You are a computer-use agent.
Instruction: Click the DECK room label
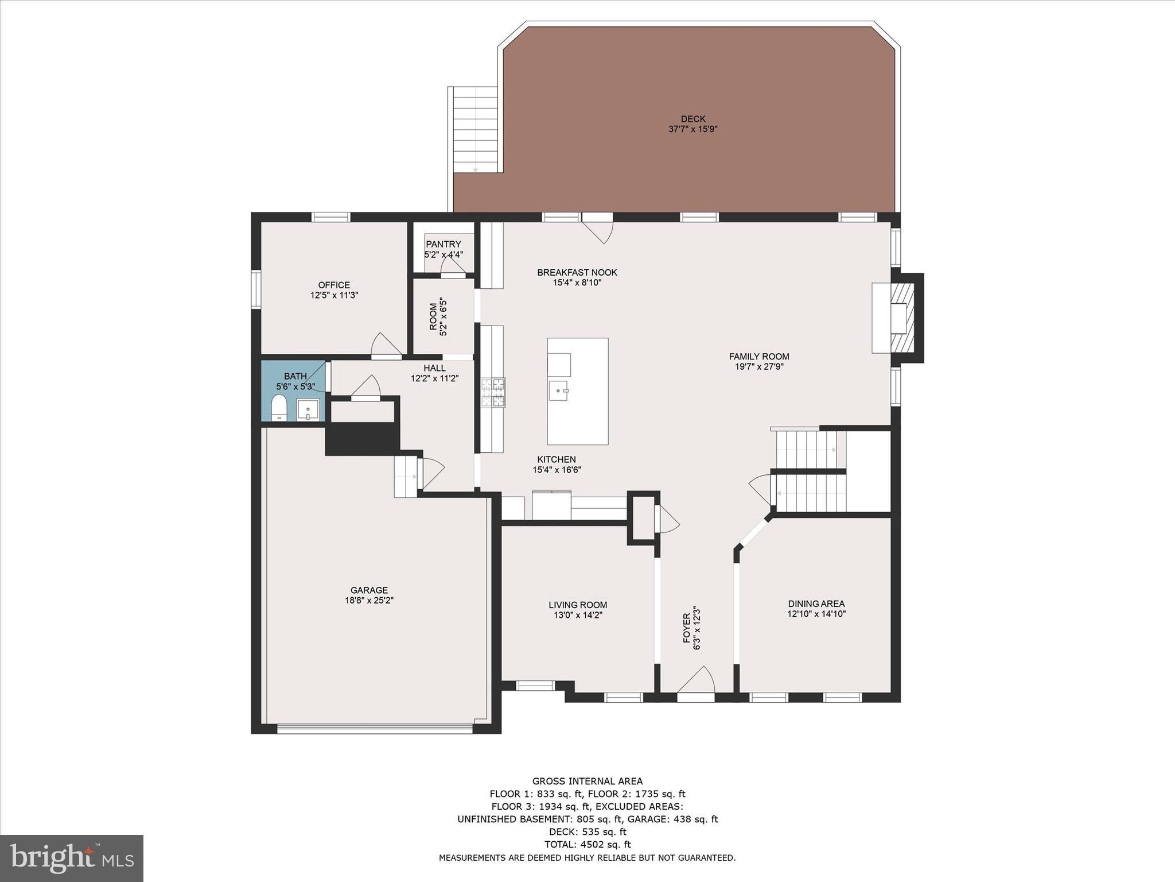pyautogui.click(x=693, y=119)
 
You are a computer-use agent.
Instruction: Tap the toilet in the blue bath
pyautogui.click(x=279, y=407)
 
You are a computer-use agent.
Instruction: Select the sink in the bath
pyautogui.click(x=308, y=410)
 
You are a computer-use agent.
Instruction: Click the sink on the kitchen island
pyautogui.click(x=559, y=390)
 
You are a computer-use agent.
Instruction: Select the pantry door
pyautogui.click(x=452, y=266)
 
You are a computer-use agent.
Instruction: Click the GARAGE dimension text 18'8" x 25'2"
pyautogui.click(x=369, y=600)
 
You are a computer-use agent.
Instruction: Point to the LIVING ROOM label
pyautogui.click(x=578, y=605)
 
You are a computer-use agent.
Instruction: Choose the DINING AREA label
pyautogui.click(x=816, y=604)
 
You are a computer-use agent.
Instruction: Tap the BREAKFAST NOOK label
pyautogui.click(x=577, y=272)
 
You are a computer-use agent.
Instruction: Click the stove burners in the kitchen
pyautogui.click(x=493, y=393)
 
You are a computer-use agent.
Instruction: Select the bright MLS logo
pyautogui.click(x=72, y=858)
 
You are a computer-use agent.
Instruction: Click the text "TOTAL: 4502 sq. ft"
pyautogui.click(x=587, y=844)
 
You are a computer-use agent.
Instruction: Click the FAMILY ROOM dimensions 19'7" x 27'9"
pyautogui.click(x=759, y=366)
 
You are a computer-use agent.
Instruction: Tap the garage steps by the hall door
pyautogui.click(x=406, y=476)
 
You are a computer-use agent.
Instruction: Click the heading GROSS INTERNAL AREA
pyautogui.click(x=587, y=781)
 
